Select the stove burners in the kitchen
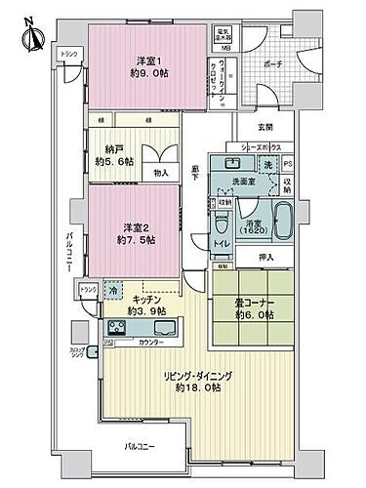121,326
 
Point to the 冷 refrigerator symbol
114,291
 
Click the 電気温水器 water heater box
225,34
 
